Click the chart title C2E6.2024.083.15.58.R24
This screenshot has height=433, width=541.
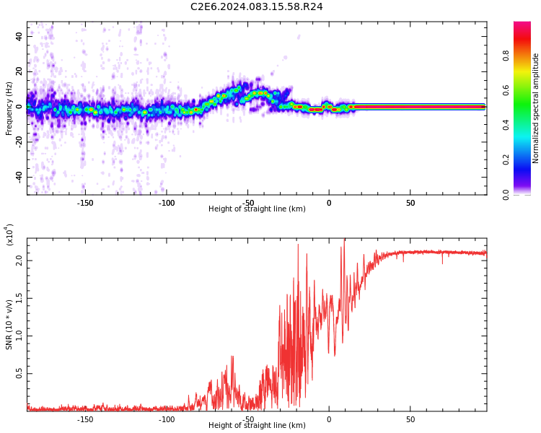tap(256, 7)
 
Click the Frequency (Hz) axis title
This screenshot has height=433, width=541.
tap(9, 108)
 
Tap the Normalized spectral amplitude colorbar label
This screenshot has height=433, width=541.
tap(536, 108)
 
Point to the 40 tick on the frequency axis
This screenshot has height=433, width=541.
tap(19, 36)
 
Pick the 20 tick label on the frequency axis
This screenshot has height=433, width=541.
tap(19, 71)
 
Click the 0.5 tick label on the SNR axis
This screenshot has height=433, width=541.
tap(19, 374)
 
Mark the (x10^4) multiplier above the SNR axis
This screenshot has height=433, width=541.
tap(9, 235)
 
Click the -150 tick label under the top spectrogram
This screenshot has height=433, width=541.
tap(85, 203)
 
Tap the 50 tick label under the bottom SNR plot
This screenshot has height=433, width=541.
tap(410, 419)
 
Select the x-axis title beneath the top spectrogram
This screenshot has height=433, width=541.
tap(257, 209)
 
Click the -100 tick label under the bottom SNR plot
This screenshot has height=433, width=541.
tap(167, 419)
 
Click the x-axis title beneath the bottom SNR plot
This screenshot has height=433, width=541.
tap(257, 426)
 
